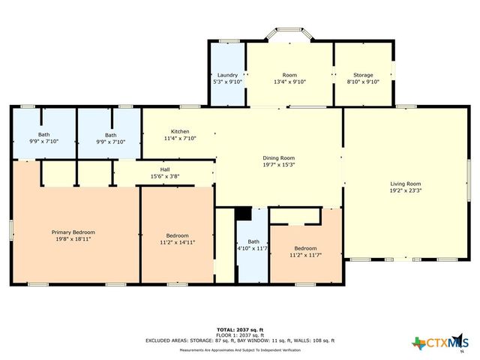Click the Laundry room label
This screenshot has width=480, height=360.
227,75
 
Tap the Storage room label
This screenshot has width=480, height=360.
363,75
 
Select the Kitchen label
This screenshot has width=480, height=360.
180,131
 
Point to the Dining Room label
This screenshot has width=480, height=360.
277,157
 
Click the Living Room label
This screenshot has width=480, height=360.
405,184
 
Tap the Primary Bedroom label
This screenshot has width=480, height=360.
73,232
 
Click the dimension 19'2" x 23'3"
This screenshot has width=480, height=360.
405,191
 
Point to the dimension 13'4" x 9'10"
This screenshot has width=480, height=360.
289,82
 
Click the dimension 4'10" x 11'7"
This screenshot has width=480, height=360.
253,248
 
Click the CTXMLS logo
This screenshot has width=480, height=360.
438,343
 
